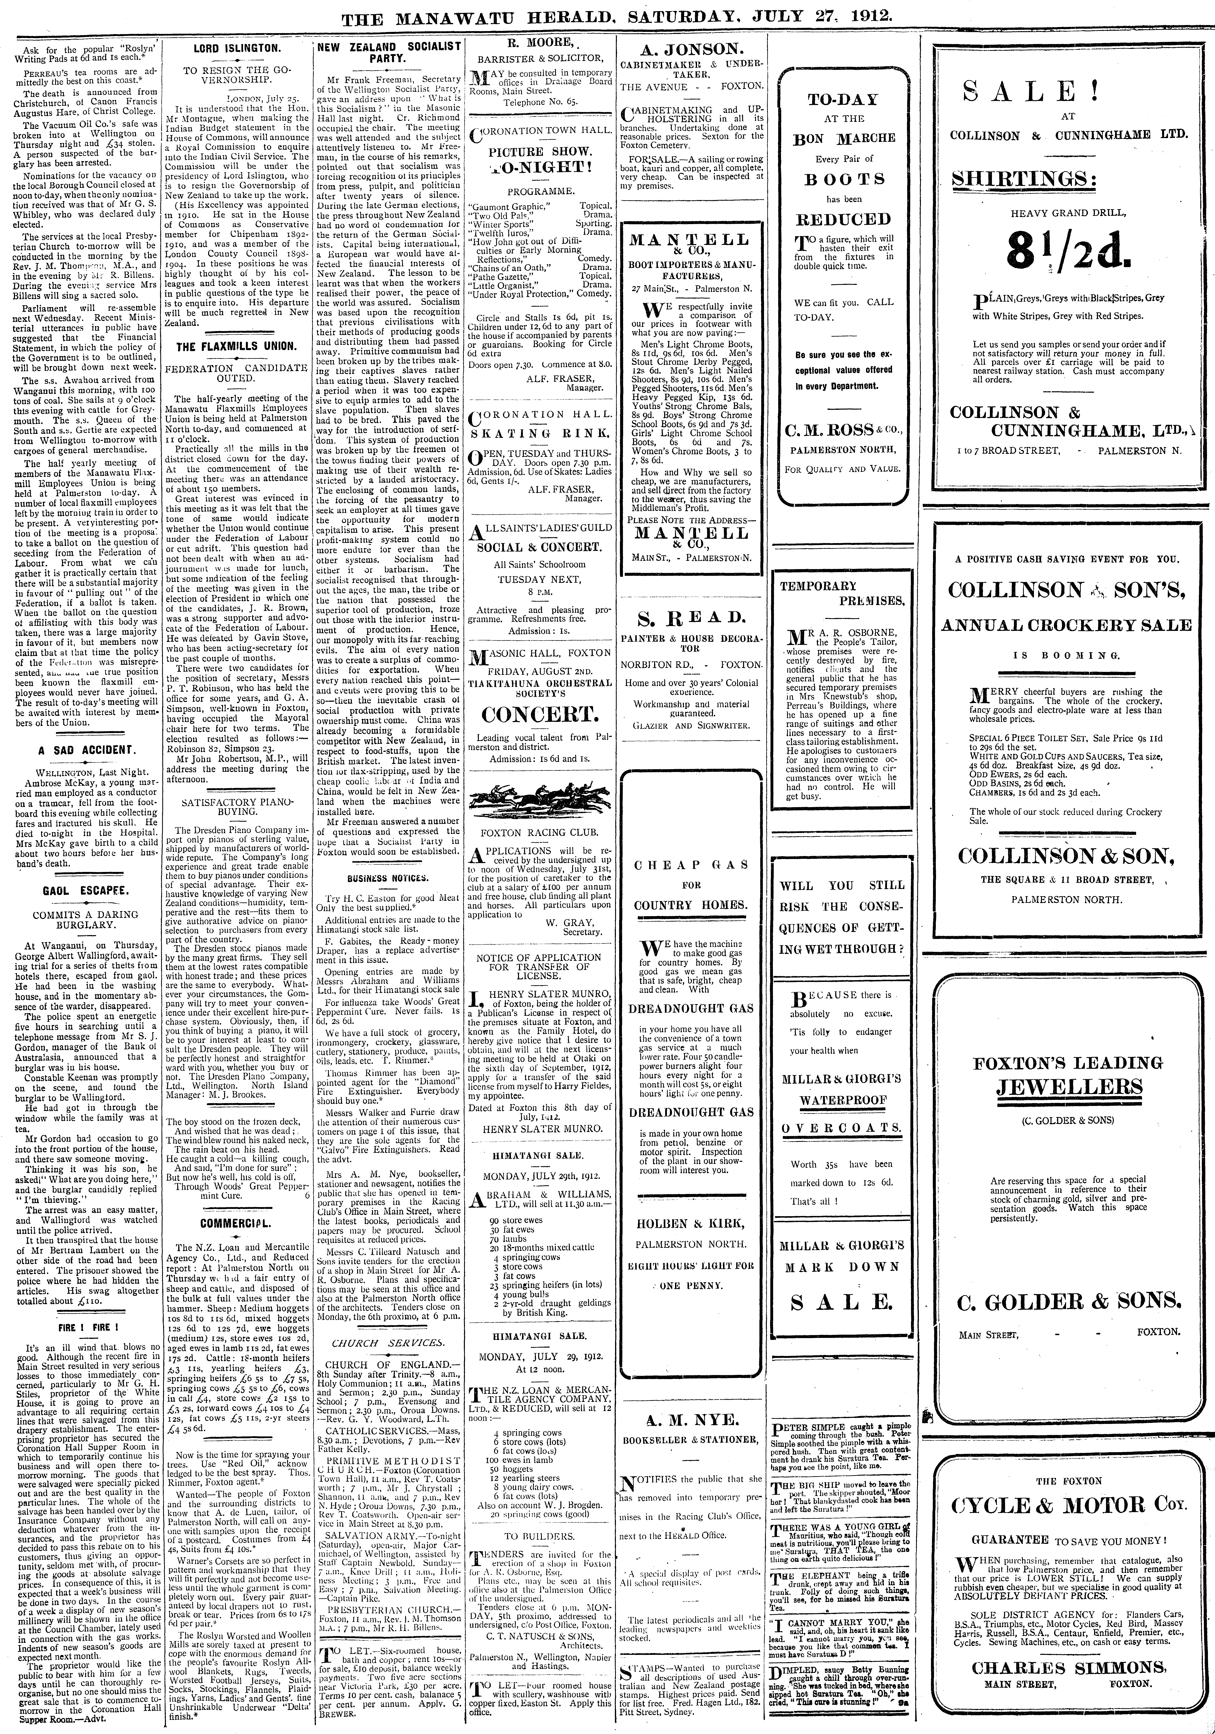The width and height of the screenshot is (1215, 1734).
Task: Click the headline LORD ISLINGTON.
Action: (x=236, y=48)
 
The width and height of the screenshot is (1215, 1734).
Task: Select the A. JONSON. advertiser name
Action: (x=690, y=50)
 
